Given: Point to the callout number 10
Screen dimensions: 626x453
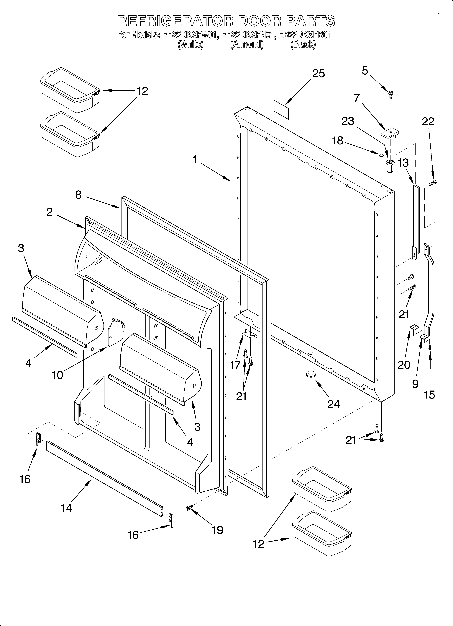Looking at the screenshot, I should [x=58, y=375].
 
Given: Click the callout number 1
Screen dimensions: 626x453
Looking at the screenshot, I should [x=195, y=160].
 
